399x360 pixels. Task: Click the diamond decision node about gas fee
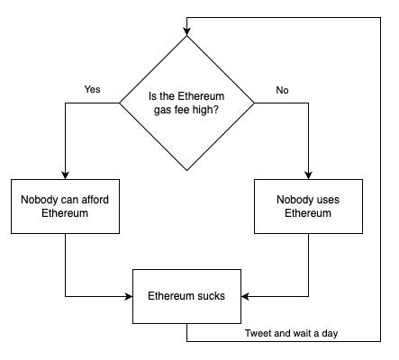tap(186, 103)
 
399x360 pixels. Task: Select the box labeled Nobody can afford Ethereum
tap(65, 206)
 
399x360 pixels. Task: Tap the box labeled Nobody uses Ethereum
tap(308, 206)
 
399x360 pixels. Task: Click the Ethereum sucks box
tap(186, 296)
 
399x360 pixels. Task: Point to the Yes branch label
tap(92, 90)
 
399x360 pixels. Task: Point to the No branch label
tap(282, 90)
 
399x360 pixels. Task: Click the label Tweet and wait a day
tap(290, 334)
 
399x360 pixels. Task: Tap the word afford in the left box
tap(94, 199)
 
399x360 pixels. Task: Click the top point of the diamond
tap(186, 37)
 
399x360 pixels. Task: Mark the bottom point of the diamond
tap(186, 170)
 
